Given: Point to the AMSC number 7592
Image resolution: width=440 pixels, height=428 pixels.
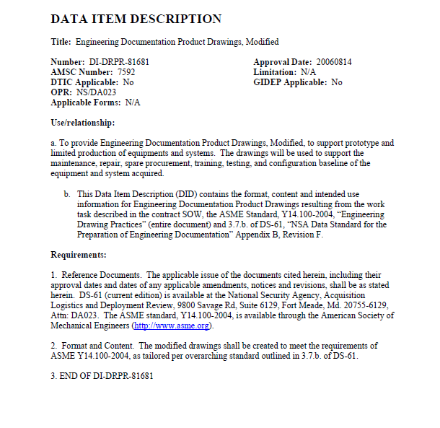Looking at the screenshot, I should tap(125, 72).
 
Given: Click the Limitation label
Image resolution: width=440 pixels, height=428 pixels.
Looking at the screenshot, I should tap(275, 72).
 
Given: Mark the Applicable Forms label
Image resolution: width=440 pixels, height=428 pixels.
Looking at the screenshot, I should tap(87, 102).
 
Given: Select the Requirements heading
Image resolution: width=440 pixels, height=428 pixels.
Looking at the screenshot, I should tap(79, 255).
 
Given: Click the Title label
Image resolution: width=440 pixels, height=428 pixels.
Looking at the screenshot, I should tap(62, 42).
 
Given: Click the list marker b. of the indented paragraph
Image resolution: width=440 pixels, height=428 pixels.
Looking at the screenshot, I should tap(67, 194).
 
